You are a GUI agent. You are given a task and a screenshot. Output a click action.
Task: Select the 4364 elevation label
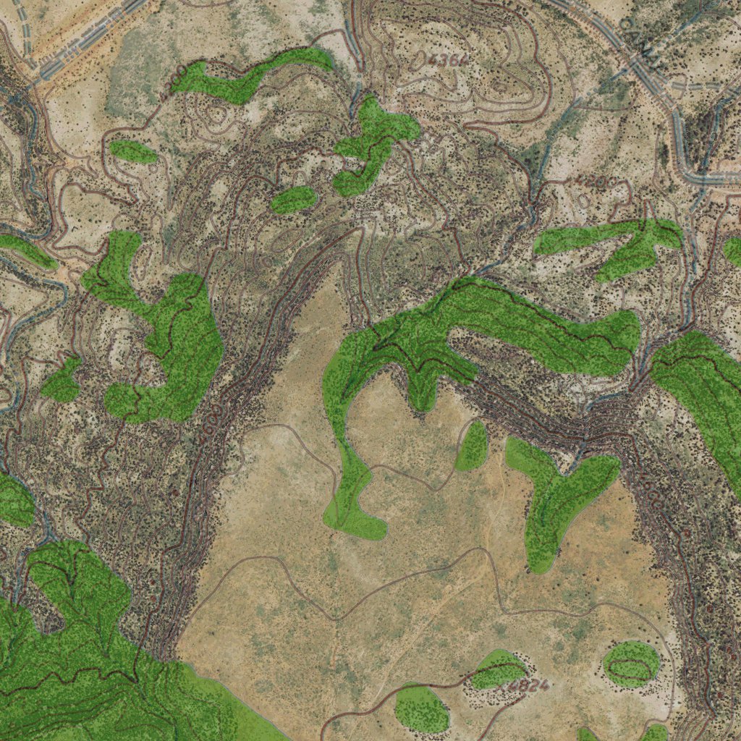(446, 60)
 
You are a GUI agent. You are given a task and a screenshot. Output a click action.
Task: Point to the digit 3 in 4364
(442, 59)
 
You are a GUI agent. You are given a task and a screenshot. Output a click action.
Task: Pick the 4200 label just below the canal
(592, 181)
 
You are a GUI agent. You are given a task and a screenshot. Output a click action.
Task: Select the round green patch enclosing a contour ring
(631, 664)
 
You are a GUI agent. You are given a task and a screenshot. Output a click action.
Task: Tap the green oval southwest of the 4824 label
(422, 708)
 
